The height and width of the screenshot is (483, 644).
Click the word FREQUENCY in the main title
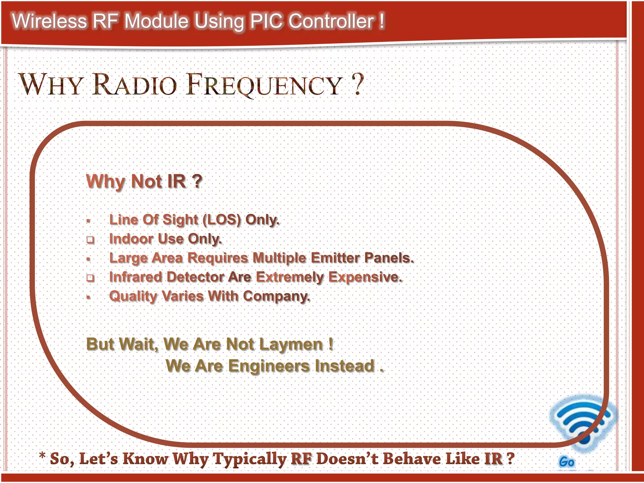[x=264, y=85]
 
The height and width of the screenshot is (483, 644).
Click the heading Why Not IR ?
[x=144, y=181]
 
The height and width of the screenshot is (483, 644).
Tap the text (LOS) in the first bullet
[x=222, y=219]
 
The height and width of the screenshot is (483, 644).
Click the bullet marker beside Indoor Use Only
[x=91, y=240]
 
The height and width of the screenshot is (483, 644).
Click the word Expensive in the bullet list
[x=365, y=277]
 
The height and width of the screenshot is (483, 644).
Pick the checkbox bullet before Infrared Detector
[x=91, y=278]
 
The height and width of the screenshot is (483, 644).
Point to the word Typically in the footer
[x=250, y=459]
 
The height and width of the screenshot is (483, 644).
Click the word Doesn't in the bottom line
[x=347, y=458]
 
